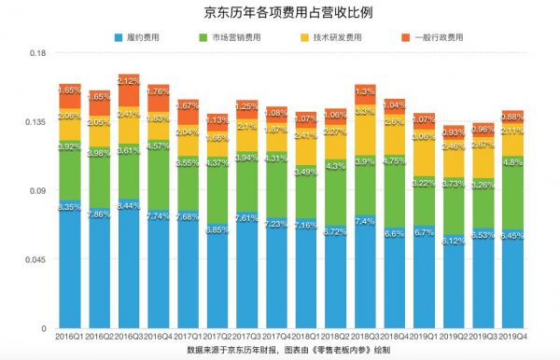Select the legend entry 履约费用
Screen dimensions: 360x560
pos(141,37)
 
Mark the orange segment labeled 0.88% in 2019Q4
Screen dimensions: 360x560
pos(513,116)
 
